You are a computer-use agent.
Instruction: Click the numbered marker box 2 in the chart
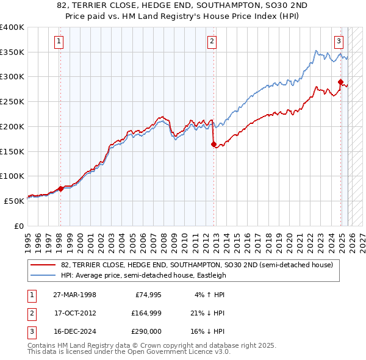212,41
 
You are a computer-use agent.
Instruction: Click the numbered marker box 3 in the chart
339,41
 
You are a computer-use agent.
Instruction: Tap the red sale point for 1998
61,189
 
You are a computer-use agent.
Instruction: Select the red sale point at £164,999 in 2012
213,145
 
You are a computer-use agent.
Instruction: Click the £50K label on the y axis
15,201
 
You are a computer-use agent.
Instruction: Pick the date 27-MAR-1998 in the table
74,294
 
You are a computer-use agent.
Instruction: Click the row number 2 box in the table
30,313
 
